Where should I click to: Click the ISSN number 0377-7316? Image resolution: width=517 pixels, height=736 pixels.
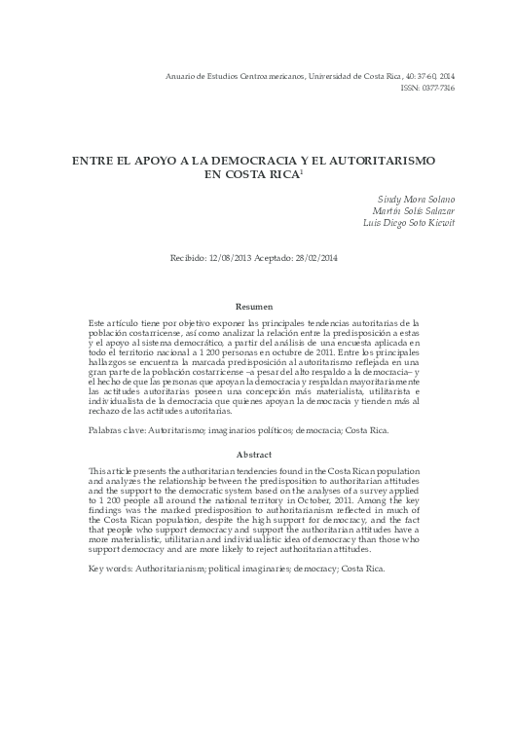[x=440, y=88]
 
